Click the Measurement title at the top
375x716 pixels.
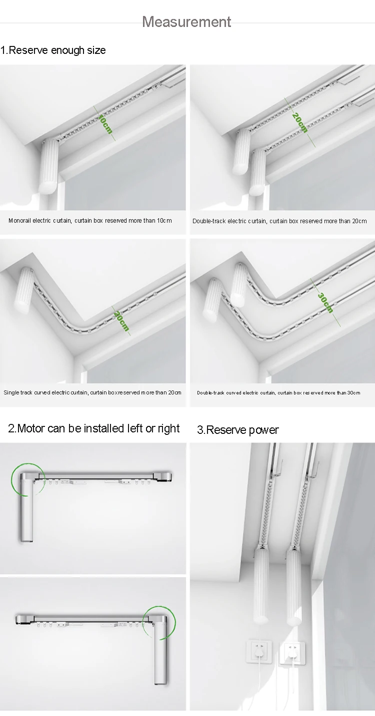[x=186, y=22]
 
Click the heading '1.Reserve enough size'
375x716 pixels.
[x=53, y=50]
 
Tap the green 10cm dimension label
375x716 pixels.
[x=105, y=124]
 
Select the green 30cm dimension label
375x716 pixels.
[x=325, y=302]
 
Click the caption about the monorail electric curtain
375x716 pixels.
[x=90, y=221]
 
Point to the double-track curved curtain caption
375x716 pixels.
[x=278, y=393]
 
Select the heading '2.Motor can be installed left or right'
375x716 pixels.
[x=94, y=428]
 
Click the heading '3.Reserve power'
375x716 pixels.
[x=237, y=430]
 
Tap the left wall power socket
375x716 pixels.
[x=257, y=652]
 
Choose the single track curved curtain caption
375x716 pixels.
[x=92, y=393]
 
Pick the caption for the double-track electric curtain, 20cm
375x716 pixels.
[x=279, y=221]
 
